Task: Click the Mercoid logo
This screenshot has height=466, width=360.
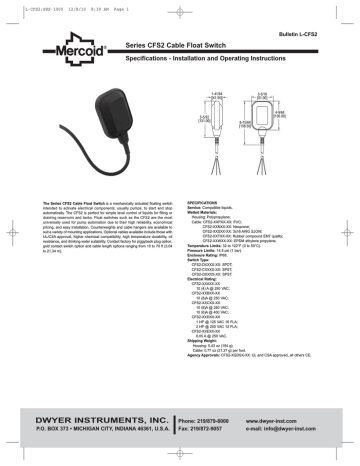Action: tap(82, 50)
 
